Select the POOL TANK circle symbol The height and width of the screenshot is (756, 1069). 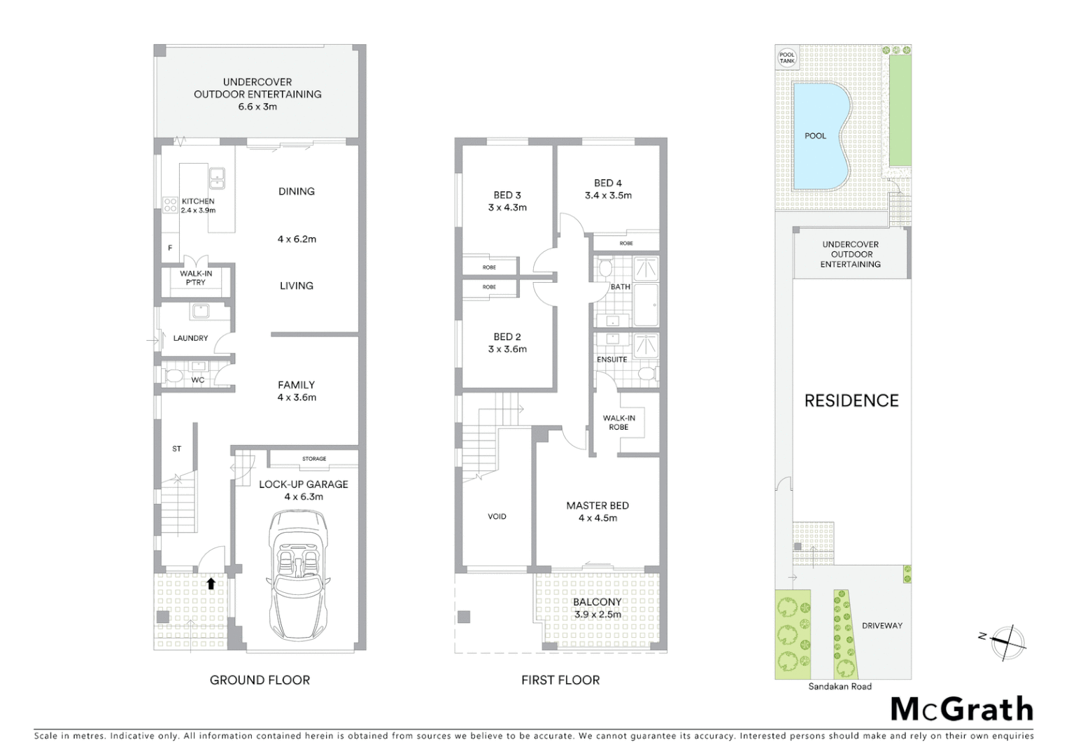pyautogui.click(x=787, y=58)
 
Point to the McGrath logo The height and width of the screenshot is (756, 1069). pyautogui.click(x=962, y=709)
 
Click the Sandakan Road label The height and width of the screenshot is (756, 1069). pyautogui.click(x=840, y=687)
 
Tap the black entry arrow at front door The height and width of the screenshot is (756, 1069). pyautogui.click(x=211, y=582)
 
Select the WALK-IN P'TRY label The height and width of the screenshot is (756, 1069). pyautogui.click(x=196, y=278)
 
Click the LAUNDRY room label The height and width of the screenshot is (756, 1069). pyautogui.click(x=190, y=338)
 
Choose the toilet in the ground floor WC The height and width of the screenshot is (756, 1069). pyautogui.click(x=174, y=376)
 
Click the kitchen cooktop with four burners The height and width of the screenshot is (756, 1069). pyautogui.click(x=170, y=204)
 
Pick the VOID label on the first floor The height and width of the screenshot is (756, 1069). pyautogui.click(x=497, y=517)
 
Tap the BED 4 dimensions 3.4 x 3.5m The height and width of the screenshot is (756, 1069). pyautogui.click(x=608, y=195)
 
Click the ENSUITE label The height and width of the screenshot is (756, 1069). pyautogui.click(x=611, y=360)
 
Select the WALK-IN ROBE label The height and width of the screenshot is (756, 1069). pyautogui.click(x=618, y=423)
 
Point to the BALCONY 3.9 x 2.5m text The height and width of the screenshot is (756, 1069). pyautogui.click(x=597, y=608)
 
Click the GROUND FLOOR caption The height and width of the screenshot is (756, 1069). pyautogui.click(x=260, y=680)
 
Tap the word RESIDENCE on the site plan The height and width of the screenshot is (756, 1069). pyautogui.click(x=851, y=400)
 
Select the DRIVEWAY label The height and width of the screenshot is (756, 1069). pyautogui.click(x=882, y=626)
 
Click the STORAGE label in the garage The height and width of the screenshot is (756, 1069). pyautogui.click(x=314, y=459)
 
